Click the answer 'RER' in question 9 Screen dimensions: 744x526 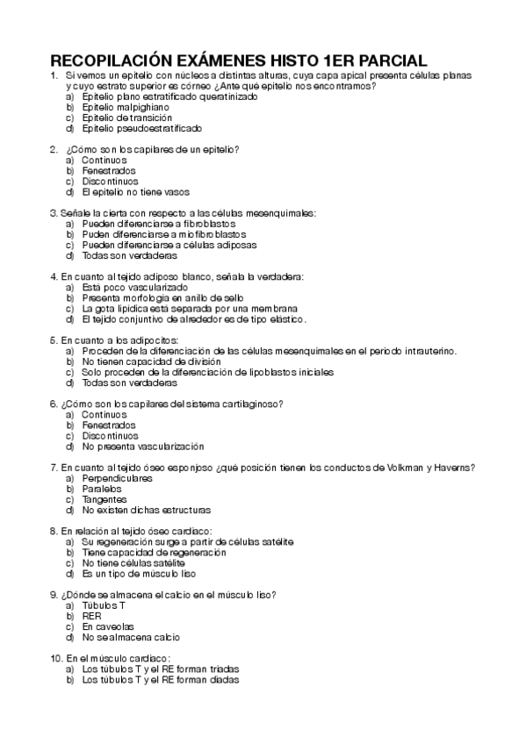[x=91, y=616]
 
